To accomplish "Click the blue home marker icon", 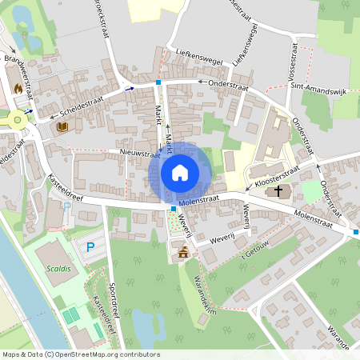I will [x=180, y=172].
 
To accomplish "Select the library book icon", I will [x=62, y=126].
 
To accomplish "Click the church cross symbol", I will [x=279, y=191].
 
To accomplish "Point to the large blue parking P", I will [x=90, y=246].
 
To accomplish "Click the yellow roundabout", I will [x=16, y=121].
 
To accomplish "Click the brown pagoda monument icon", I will [x=184, y=253].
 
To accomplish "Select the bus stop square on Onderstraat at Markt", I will [x=159, y=82].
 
